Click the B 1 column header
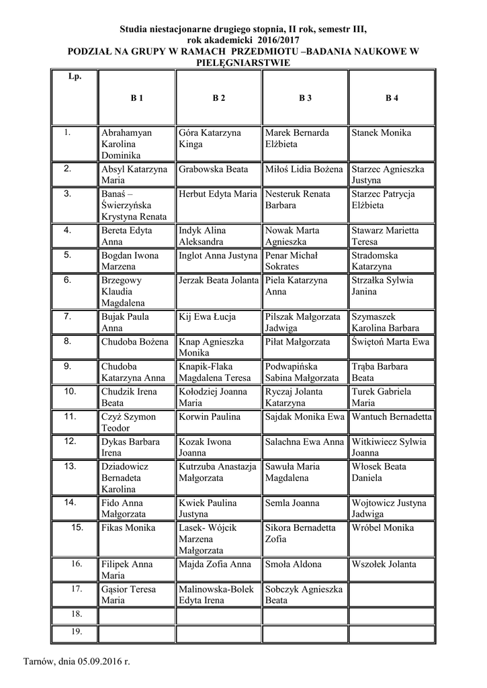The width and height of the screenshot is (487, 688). click(x=137, y=98)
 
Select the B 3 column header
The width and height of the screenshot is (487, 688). click(x=305, y=98)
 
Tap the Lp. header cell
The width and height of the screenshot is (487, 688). click(x=75, y=77)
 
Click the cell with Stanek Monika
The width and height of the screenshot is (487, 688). click(x=381, y=133)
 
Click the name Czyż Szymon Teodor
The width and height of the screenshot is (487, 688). click(x=128, y=422)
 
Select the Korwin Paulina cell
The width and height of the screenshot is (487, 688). click(x=210, y=417)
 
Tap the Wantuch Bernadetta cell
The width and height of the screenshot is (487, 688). click(x=392, y=417)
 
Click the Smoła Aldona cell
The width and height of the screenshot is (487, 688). click(x=293, y=564)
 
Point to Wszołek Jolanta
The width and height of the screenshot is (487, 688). click(x=384, y=564)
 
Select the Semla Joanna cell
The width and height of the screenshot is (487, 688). click(x=292, y=503)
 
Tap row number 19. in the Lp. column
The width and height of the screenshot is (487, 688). click(x=76, y=632)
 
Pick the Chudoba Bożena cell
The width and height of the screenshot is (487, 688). click(x=134, y=341)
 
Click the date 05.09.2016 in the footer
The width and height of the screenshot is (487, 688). click(x=99, y=661)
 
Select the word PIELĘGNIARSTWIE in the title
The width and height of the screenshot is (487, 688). click(x=242, y=63)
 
